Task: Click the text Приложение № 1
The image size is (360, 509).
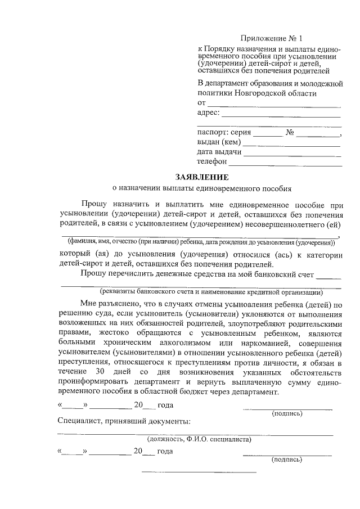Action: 271,39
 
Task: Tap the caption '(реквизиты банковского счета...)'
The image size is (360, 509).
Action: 211,292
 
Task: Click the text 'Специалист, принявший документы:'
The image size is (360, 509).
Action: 124,421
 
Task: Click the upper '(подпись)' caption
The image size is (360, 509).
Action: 287,413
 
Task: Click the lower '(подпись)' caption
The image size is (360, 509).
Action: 287,460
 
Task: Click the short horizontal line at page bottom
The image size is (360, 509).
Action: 198,471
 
